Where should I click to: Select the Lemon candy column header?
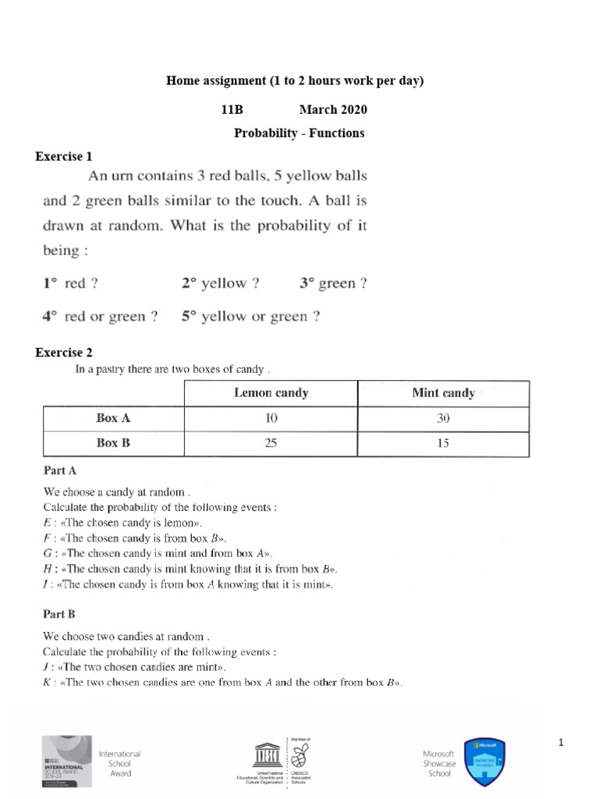click(271, 393)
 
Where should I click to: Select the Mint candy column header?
click(443, 393)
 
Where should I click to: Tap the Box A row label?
click(113, 418)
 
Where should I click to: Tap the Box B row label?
click(113, 443)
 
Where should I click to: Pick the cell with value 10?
click(271, 418)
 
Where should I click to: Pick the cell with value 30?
click(443, 418)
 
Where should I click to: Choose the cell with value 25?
click(271, 443)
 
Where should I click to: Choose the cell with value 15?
click(443, 443)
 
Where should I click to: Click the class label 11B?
click(233, 109)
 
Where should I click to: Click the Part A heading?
click(59, 471)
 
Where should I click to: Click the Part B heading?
click(59, 614)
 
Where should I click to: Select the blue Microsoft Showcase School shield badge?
click(484, 760)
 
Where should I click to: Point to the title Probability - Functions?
click(299, 133)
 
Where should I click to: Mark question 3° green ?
click(333, 284)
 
